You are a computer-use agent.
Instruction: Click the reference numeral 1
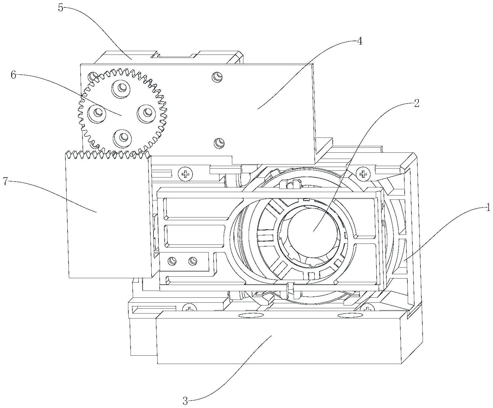coord(488,208)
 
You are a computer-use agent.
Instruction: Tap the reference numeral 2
coord(416,103)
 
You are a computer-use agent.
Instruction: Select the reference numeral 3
coord(185,401)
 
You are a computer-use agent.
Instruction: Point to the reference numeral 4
coord(359,41)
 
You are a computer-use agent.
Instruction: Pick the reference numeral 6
coord(13,75)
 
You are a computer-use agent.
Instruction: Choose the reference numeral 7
coord(5,182)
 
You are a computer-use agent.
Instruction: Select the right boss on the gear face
coord(146,112)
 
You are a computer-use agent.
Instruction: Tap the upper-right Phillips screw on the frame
coord(362,174)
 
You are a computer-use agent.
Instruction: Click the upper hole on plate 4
coord(217,77)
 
